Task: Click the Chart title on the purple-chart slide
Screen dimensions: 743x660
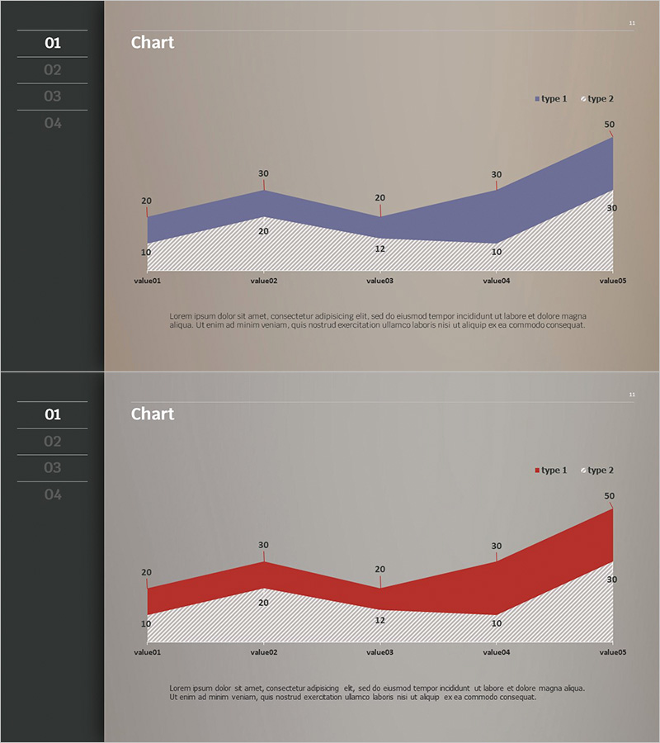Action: click(x=153, y=43)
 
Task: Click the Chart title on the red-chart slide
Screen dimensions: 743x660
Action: click(x=153, y=414)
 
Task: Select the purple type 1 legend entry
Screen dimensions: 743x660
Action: click(x=550, y=99)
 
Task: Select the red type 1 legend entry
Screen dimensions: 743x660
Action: click(x=550, y=471)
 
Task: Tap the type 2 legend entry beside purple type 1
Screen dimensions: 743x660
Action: click(x=597, y=99)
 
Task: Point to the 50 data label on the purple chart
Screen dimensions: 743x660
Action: click(x=610, y=125)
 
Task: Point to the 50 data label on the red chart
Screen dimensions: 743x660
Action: click(x=610, y=496)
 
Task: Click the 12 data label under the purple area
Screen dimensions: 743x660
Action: click(x=379, y=248)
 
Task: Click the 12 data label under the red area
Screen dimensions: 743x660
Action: click(x=379, y=620)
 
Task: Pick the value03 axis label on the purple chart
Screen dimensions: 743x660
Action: click(x=379, y=281)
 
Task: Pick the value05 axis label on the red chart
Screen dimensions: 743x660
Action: click(x=613, y=652)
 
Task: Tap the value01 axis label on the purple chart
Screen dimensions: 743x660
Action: click(x=148, y=281)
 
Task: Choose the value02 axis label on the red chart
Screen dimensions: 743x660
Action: click(x=263, y=652)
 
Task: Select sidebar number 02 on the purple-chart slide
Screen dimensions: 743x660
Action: click(x=53, y=70)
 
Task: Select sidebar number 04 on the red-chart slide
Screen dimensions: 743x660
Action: click(x=53, y=495)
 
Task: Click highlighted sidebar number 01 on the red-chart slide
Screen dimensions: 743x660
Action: click(x=53, y=414)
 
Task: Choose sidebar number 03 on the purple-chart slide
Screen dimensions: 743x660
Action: click(x=53, y=97)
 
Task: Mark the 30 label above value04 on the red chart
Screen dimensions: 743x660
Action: click(x=497, y=546)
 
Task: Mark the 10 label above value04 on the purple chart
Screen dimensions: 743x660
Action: click(x=497, y=253)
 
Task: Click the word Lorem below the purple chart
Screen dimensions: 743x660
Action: click(x=180, y=316)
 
